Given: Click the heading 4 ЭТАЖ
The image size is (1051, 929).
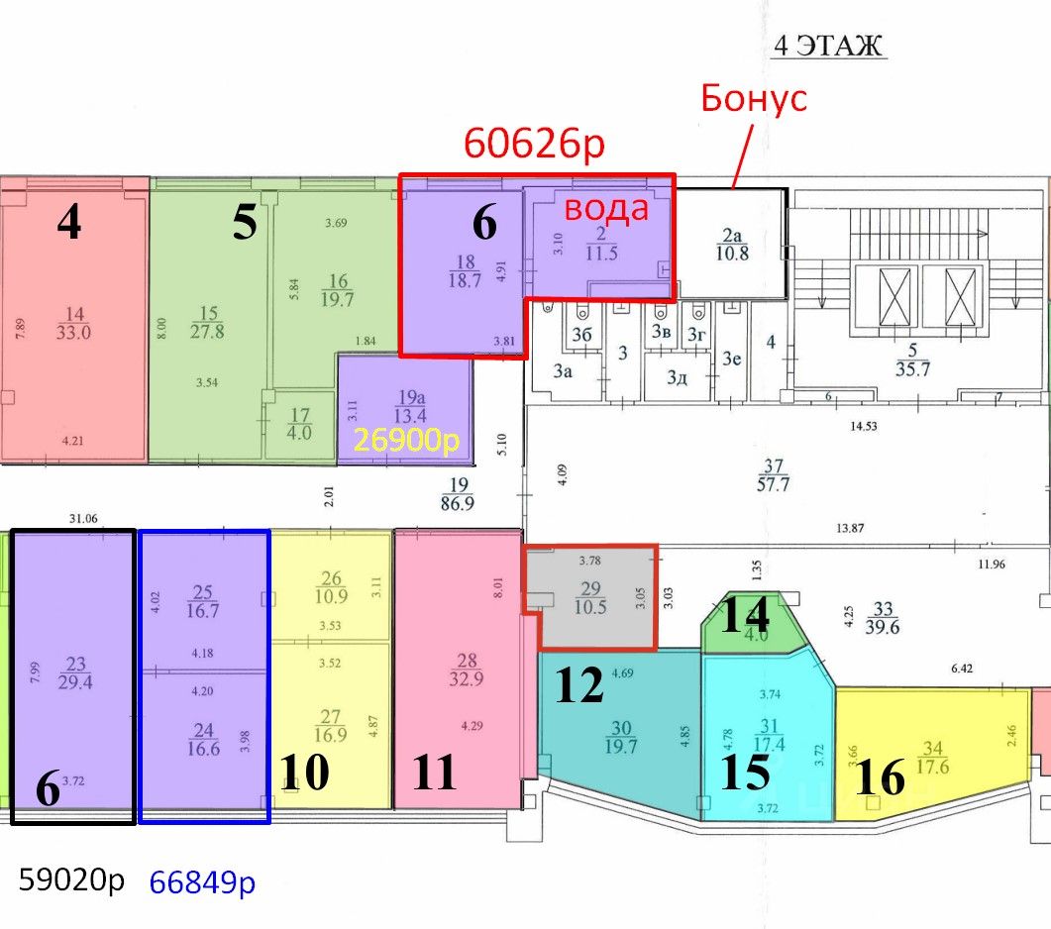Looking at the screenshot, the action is point(826,47).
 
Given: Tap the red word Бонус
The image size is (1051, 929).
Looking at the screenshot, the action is point(753,98).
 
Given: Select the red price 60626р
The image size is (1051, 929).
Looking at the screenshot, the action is point(535,145).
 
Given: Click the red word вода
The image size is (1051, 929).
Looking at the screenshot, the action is point(606,208).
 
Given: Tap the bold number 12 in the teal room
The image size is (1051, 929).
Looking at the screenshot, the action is point(579,685).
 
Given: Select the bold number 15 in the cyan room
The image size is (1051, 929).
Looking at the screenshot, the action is point(745,773).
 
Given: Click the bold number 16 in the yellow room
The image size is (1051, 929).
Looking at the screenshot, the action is point(881,777).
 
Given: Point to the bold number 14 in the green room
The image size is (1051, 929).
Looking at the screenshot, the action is point(744,617).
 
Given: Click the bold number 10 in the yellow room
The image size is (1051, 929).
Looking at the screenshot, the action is point(304,773).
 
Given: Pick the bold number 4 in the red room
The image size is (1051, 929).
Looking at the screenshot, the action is point(68,224).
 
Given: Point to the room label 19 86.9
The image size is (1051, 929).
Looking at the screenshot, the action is point(459,493).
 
